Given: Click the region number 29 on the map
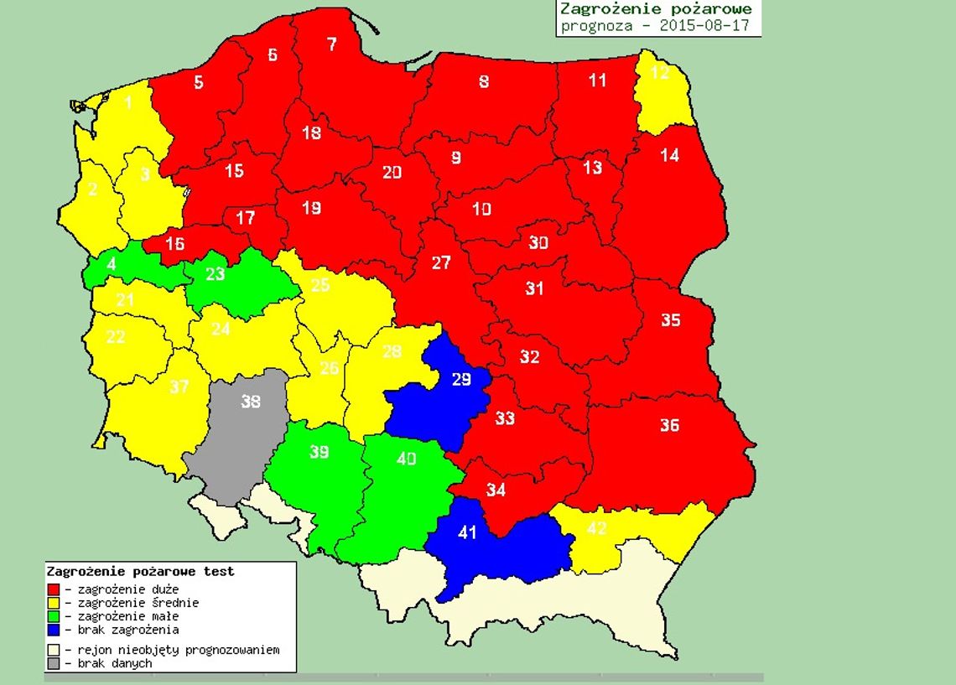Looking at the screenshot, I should (462, 379).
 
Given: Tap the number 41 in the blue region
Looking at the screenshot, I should (467, 532).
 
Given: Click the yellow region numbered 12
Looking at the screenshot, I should (661, 73).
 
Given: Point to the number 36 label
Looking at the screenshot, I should (669, 426).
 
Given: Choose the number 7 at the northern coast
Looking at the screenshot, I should (332, 44).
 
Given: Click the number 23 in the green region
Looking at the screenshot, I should (216, 273).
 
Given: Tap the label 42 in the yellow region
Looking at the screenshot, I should (596, 528).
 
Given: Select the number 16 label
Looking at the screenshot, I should (174, 244).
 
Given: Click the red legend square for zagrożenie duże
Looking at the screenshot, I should (55, 589).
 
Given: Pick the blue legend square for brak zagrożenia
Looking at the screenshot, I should (55, 630).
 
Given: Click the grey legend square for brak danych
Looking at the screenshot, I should (55, 663).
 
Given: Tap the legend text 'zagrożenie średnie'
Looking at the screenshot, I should (138, 603).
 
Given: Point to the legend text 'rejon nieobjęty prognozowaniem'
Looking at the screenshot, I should (178, 650).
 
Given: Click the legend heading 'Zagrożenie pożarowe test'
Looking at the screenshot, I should (140, 572).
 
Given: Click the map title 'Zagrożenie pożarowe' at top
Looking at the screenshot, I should (656, 9).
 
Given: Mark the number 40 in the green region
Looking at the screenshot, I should (407, 459).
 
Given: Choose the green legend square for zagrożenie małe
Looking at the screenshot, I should (55, 616).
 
